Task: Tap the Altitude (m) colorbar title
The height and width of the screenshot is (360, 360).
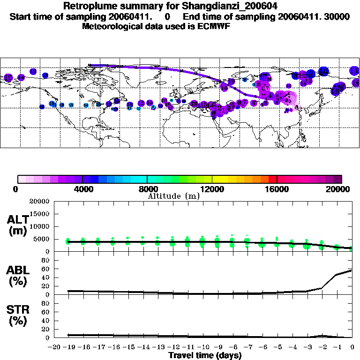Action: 173,195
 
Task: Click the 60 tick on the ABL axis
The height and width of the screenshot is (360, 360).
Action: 46,269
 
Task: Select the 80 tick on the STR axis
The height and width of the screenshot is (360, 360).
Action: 46,303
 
